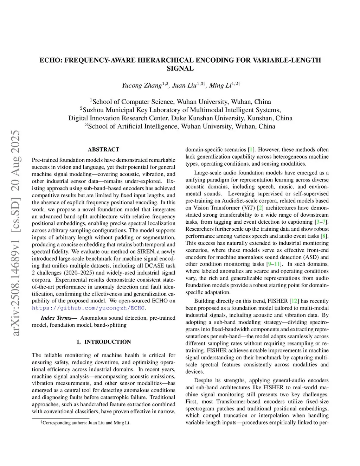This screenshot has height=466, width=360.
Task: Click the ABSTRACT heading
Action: (103, 149)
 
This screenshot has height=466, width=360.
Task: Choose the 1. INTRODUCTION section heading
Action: (103, 342)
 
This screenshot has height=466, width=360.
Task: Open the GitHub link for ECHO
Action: (88, 308)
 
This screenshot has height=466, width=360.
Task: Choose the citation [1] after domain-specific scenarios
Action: (251, 149)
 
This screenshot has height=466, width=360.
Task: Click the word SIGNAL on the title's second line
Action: (180, 69)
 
